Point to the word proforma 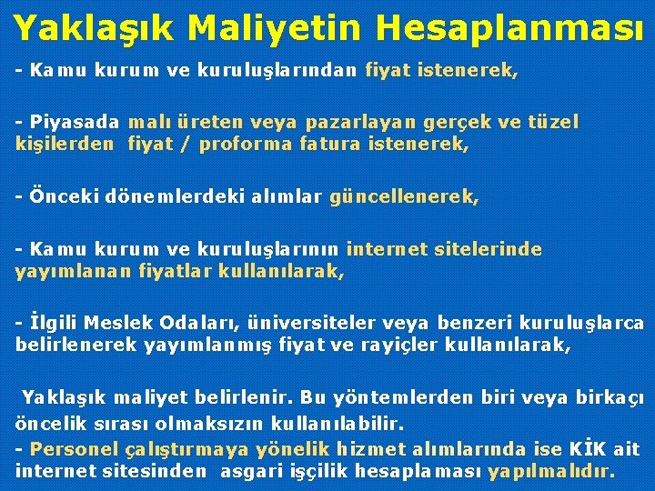247,143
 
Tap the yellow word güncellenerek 404,195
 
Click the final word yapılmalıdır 551,472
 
